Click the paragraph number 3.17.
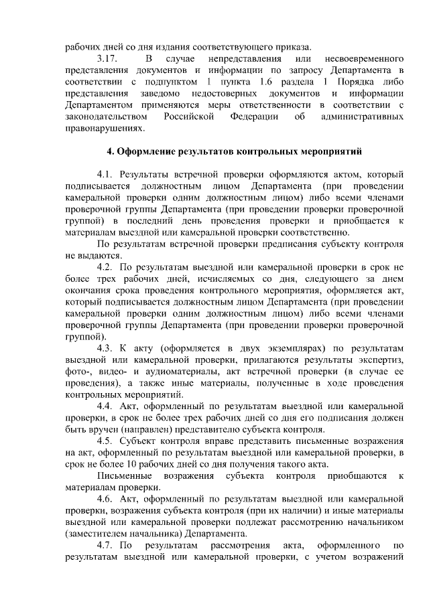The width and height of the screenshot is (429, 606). click(x=108, y=59)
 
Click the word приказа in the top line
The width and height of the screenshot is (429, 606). click(x=292, y=47)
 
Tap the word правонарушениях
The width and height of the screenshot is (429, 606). click(x=101, y=128)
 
